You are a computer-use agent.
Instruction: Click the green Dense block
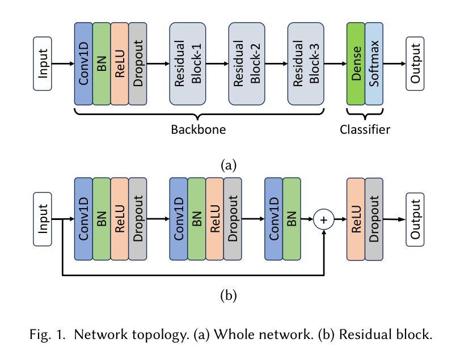(356, 64)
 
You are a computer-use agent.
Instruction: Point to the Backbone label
(199, 130)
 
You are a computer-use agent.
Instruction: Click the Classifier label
(365, 130)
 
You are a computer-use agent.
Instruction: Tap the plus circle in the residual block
(324, 219)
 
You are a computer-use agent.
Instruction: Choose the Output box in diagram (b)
(416, 219)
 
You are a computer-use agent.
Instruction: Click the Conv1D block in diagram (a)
(83, 64)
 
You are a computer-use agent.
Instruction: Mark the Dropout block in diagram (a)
(138, 64)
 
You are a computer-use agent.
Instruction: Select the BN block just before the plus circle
(292, 219)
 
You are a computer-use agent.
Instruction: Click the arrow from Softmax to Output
(395, 64)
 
